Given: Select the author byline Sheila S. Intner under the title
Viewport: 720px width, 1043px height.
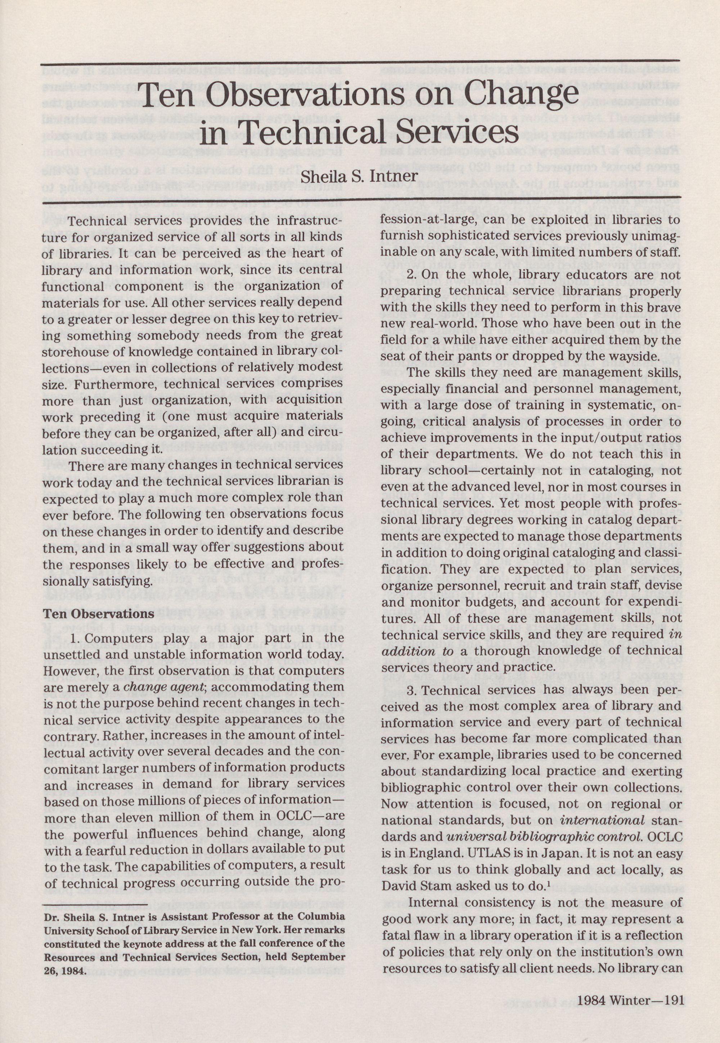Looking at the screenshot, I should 359,176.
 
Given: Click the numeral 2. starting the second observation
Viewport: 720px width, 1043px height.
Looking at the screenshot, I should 413,275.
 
